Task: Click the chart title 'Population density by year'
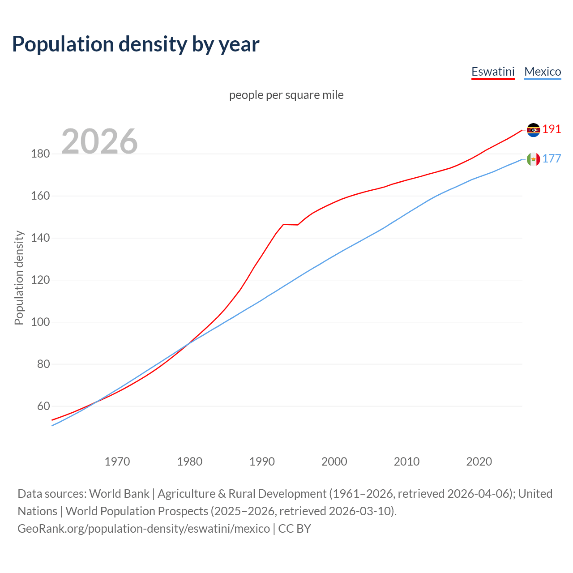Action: point(136,44)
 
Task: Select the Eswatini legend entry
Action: point(493,72)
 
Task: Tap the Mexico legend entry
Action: point(543,72)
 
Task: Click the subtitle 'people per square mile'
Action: point(286,95)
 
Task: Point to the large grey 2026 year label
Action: point(99,141)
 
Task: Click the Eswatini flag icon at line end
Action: point(533,130)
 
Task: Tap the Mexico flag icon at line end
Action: point(533,159)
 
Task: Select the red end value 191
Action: point(552,129)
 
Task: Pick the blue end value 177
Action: point(552,159)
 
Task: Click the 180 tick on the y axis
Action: point(40,154)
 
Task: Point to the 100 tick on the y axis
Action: point(40,322)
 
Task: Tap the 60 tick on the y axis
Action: point(43,406)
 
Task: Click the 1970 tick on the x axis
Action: point(117,462)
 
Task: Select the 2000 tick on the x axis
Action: point(334,462)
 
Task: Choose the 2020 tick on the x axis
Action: point(479,462)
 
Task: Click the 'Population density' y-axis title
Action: point(19,278)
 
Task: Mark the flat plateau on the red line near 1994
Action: point(291,225)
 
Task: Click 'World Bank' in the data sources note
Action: point(119,494)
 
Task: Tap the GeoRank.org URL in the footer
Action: point(144,529)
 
